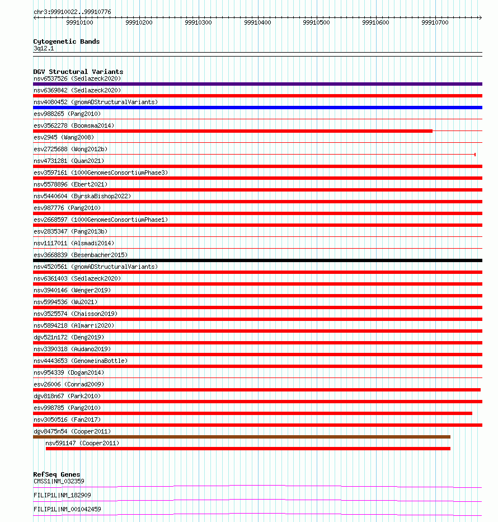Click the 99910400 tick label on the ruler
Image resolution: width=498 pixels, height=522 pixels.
coord(257,23)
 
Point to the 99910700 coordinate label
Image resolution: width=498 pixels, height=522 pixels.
coord(435,23)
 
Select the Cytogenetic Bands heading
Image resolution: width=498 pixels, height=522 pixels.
coord(66,41)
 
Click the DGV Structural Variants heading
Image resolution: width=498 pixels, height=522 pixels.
coord(78,72)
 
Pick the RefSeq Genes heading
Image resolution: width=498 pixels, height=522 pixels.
coord(57,474)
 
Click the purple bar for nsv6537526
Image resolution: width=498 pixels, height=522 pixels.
coord(257,84)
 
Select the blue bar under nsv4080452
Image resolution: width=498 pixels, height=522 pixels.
coord(257,108)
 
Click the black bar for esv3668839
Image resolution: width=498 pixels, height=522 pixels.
coord(257,260)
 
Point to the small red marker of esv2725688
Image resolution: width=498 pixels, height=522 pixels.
coord(475,155)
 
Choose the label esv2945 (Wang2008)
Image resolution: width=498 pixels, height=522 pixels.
coord(64,137)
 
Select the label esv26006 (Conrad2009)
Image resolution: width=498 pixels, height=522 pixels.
coord(69,384)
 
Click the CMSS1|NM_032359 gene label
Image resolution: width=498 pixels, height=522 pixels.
coord(59,481)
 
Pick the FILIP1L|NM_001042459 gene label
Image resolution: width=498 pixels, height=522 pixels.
coord(67,509)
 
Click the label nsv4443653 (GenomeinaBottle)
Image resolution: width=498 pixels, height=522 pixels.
coord(81,361)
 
